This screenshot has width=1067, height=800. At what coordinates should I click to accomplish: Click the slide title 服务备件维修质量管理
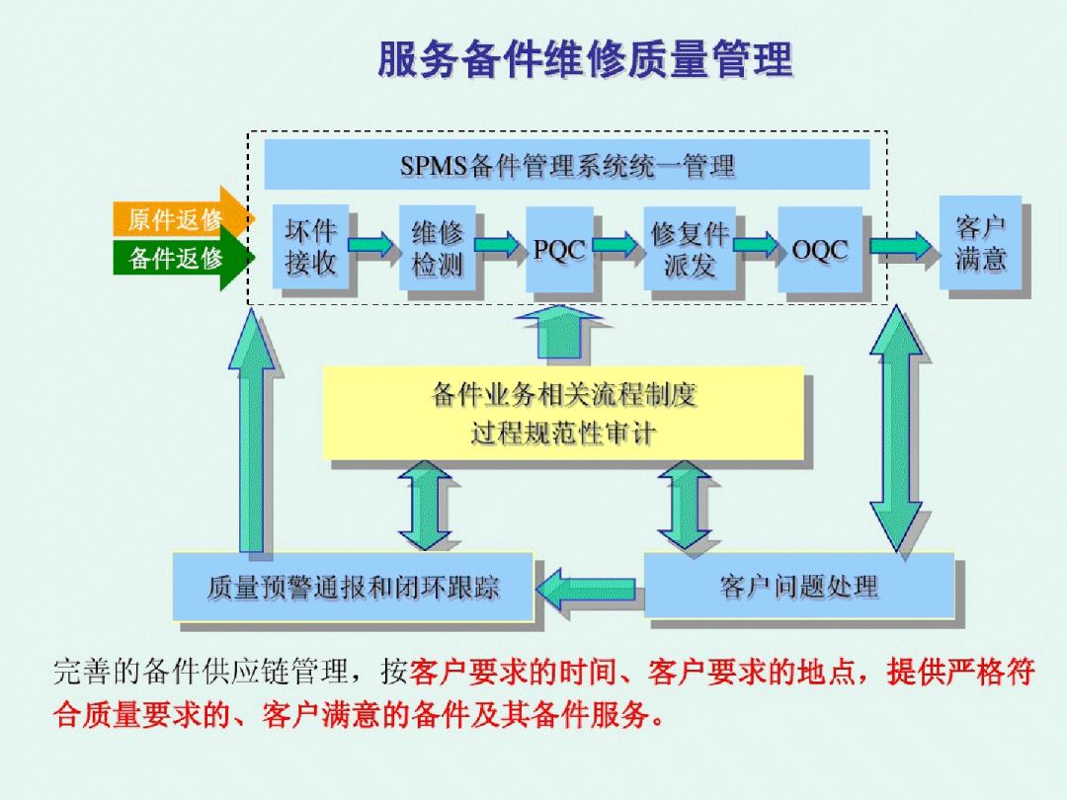pyautogui.click(x=585, y=59)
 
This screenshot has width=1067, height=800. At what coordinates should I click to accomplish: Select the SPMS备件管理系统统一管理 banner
pyautogui.click(x=566, y=165)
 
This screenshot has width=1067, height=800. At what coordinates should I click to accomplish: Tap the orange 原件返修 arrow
pyautogui.click(x=182, y=218)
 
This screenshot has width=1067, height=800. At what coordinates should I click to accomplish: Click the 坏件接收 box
pyautogui.click(x=310, y=247)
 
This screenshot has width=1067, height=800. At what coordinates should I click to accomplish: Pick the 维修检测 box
pyautogui.click(x=437, y=247)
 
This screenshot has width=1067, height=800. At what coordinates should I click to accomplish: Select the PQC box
pyautogui.click(x=559, y=249)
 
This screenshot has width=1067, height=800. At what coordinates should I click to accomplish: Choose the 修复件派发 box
pyautogui.click(x=689, y=248)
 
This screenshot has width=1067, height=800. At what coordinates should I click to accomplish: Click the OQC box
pyautogui.click(x=819, y=249)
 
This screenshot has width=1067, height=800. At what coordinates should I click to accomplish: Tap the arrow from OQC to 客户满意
pyautogui.click(x=900, y=245)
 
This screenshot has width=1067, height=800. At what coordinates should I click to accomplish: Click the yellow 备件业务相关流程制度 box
pyautogui.click(x=563, y=413)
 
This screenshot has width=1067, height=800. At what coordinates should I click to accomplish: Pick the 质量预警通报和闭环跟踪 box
pyautogui.click(x=353, y=587)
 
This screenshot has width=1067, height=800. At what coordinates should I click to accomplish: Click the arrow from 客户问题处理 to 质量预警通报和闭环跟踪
pyautogui.click(x=589, y=589)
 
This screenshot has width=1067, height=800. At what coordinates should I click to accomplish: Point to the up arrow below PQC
pyautogui.click(x=559, y=331)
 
